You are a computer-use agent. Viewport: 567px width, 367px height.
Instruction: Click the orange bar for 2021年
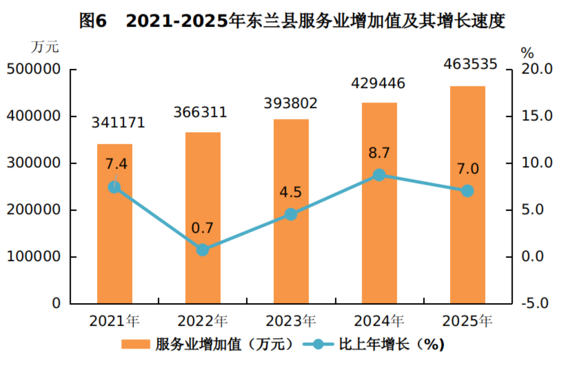pyautogui.click(x=115, y=224)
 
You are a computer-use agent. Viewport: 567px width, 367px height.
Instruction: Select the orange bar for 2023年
pyautogui.click(x=291, y=212)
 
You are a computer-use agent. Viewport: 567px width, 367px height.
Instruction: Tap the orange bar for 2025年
pyautogui.click(x=468, y=195)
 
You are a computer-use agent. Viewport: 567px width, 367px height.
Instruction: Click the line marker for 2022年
pyautogui.click(x=203, y=250)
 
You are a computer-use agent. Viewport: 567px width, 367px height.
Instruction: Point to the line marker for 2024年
pyautogui.click(x=379, y=175)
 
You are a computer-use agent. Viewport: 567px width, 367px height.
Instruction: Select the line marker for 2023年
pyautogui.click(x=291, y=214)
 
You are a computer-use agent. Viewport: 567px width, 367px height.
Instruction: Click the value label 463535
pyautogui.click(x=470, y=64)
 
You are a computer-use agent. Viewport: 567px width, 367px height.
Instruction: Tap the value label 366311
pyautogui.click(x=200, y=112)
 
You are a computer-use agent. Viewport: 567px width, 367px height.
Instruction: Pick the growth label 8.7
pyautogui.click(x=379, y=153)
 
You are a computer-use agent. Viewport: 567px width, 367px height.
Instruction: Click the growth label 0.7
pyautogui.click(x=202, y=228)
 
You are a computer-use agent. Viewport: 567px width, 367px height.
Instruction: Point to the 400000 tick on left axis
pyautogui.click(x=33, y=116)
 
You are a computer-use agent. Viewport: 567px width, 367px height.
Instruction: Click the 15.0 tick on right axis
pyautogui.click(x=536, y=116)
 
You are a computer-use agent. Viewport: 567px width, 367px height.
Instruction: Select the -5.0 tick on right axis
pyautogui.click(x=535, y=303)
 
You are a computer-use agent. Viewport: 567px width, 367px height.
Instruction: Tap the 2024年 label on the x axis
pyautogui.click(x=379, y=321)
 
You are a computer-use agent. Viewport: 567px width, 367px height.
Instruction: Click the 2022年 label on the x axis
pyautogui.click(x=203, y=321)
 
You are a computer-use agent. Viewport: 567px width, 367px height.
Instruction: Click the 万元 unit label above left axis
pyautogui.click(x=45, y=47)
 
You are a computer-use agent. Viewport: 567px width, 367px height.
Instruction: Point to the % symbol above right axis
pyautogui.click(x=527, y=53)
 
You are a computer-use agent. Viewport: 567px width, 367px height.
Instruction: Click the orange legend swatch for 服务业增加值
pyautogui.click(x=136, y=344)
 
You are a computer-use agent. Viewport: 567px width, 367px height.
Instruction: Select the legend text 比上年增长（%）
pyautogui.click(x=391, y=344)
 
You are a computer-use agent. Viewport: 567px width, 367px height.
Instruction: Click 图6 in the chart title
pyautogui.click(x=93, y=20)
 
